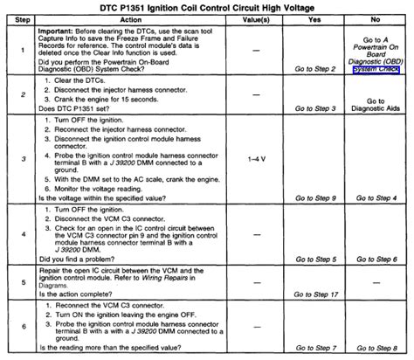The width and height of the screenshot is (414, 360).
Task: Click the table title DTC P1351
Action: (207, 8)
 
